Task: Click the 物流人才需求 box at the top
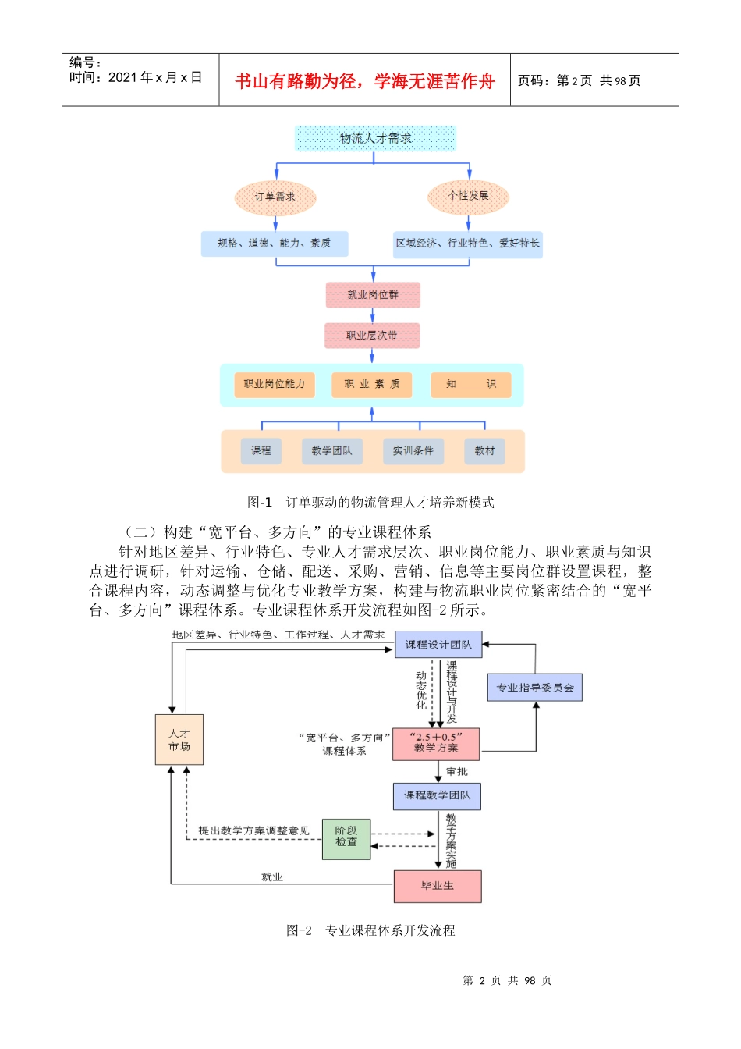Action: [x=375, y=138]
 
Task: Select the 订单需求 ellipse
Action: [x=275, y=197]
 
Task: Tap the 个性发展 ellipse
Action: [x=468, y=196]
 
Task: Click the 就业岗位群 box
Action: [x=373, y=295]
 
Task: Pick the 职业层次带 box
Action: [x=372, y=336]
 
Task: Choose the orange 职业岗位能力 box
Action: [x=275, y=384]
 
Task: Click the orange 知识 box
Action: [x=471, y=384]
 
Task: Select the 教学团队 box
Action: [x=332, y=451]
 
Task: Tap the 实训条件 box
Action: [x=413, y=451]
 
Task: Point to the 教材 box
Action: [x=484, y=451]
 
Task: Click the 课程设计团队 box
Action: [x=438, y=645]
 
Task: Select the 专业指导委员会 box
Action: [x=535, y=688]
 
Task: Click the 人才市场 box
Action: [x=179, y=740]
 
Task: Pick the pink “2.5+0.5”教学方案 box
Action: [x=436, y=743]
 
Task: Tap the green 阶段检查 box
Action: [x=346, y=838]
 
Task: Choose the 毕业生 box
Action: [x=438, y=886]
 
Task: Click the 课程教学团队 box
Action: [x=437, y=796]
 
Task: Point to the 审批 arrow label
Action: [x=457, y=772]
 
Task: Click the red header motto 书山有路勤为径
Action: [x=365, y=81]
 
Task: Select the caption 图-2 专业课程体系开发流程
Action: [x=370, y=930]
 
